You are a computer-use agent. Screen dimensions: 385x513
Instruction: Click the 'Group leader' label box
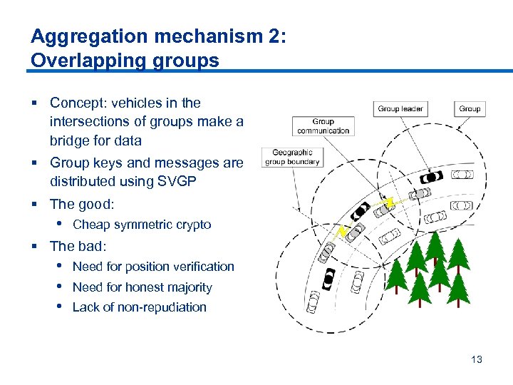pos(400,109)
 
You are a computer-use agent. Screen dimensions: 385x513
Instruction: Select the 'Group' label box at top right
pos(470,109)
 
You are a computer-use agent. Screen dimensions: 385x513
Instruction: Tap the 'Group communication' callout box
pos(323,126)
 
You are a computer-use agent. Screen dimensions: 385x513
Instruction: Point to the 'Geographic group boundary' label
pos(293,157)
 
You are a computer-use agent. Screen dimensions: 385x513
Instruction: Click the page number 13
pos(477,359)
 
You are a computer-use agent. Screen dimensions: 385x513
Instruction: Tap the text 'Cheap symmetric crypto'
pos(142,225)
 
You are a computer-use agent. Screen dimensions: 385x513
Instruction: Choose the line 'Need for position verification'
pos(153,267)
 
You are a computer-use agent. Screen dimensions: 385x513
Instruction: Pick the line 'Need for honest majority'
pos(142,287)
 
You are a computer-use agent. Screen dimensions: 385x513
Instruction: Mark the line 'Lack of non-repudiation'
pos(139,307)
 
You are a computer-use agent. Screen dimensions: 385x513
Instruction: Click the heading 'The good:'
pos(82,204)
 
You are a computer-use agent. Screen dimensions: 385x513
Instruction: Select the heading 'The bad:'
pos(78,246)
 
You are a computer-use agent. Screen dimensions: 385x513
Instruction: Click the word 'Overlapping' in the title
pos(75,61)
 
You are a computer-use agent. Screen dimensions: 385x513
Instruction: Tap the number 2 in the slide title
pos(274,36)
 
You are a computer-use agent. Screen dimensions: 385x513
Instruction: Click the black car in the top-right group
pos(431,176)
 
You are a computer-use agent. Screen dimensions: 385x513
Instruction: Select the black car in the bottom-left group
pos(328,278)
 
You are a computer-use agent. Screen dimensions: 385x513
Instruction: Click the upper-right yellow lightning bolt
pos(388,204)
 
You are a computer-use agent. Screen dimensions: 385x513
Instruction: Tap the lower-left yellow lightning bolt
pos(343,231)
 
